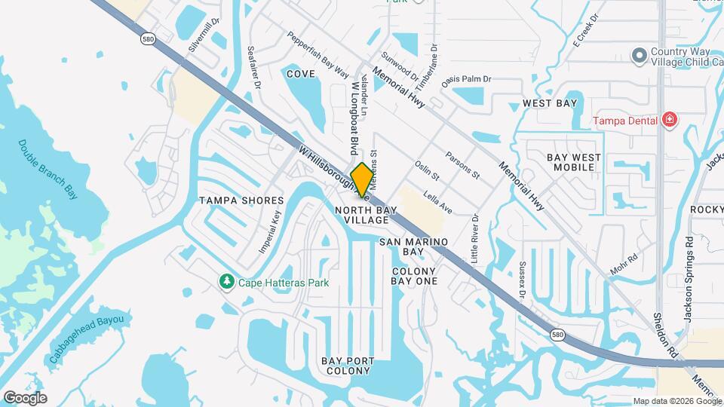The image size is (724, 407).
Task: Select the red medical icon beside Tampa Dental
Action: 667,120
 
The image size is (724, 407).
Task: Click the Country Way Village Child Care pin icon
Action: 639,55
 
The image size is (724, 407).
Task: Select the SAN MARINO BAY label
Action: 413,246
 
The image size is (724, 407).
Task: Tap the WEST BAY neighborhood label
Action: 550,103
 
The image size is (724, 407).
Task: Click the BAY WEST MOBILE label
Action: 574,161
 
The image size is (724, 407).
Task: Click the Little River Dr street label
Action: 474,237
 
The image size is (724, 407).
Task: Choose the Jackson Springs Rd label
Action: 688,279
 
